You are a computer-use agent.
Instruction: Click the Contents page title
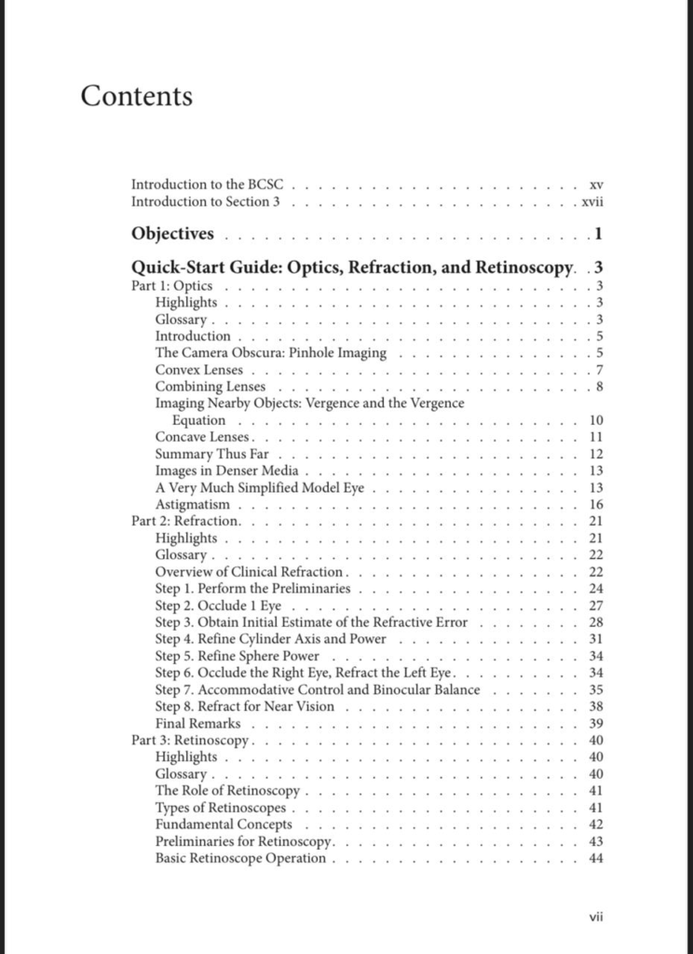(x=137, y=96)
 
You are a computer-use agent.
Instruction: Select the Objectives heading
(x=172, y=233)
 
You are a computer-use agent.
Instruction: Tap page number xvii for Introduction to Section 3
(x=593, y=201)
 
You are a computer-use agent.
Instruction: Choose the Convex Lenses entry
(x=199, y=370)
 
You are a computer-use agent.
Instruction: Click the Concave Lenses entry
(x=203, y=437)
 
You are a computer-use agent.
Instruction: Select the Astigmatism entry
(x=192, y=504)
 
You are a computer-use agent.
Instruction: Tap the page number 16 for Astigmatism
(x=597, y=504)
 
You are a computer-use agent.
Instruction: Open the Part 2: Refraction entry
(x=186, y=521)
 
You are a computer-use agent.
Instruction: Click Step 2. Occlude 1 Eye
(x=218, y=606)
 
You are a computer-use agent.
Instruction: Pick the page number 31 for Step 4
(x=597, y=639)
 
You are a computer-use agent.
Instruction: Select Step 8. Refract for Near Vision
(x=244, y=706)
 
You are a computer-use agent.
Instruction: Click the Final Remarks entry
(x=197, y=723)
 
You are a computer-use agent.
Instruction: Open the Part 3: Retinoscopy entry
(x=191, y=740)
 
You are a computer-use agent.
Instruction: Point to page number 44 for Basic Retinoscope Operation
(x=597, y=858)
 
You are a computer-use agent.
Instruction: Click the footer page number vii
(x=597, y=917)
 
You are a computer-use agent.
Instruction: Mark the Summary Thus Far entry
(x=211, y=454)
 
